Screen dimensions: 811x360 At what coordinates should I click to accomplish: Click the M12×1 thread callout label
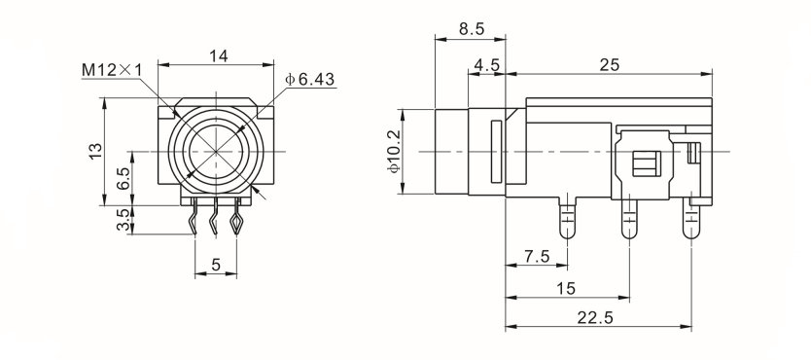(111, 70)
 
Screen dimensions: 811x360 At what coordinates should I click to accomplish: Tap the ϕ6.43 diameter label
(310, 79)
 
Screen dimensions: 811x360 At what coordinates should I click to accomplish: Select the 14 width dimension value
(218, 55)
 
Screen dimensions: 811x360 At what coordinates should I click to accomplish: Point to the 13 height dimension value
(96, 151)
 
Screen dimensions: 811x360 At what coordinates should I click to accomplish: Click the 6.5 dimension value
(123, 178)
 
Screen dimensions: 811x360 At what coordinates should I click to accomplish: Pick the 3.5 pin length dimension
(123, 220)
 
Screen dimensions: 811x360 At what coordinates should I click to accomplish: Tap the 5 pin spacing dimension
(216, 265)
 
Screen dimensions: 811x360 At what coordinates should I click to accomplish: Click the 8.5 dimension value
(472, 29)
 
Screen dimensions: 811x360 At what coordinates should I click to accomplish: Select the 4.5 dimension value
(487, 65)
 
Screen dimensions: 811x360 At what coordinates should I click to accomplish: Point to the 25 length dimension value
(610, 65)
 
